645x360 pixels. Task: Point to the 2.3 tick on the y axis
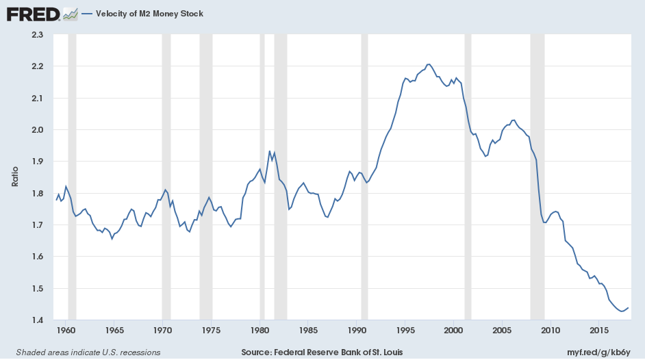point(37,35)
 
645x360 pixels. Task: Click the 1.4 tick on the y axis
point(37,320)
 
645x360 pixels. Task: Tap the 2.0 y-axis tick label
point(37,130)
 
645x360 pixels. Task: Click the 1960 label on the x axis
point(66,331)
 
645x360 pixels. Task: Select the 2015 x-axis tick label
point(599,331)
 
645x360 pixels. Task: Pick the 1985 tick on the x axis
point(308,331)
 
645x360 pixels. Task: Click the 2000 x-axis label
point(453,331)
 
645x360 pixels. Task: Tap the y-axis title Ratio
point(14,177)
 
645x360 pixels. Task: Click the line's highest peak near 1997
point(429,64)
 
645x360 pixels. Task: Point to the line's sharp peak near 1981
point(270,151)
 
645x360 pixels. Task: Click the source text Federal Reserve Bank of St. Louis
point(322,352)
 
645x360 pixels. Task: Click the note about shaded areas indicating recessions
point(84,352)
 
